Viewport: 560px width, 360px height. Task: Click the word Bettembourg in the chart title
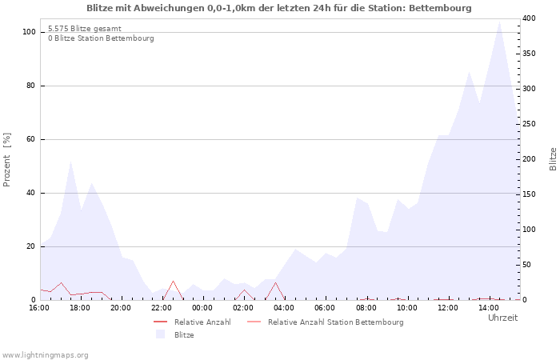(x=440, y=8)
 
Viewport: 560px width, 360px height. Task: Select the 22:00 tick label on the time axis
(x=162, y=308)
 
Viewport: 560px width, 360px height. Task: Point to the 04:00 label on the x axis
(x=284, y=308)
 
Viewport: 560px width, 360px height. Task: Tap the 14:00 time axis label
(x=489, y=308)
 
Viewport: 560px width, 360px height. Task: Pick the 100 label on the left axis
(x=29, y=32)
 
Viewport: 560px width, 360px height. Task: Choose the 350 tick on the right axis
(x=530, y=54)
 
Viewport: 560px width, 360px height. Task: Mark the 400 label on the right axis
(x=530, y=18)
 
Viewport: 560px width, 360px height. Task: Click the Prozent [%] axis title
(x=7, y=160)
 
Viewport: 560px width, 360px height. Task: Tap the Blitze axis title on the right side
(x=553, y=159)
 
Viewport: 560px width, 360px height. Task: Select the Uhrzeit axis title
(x=503, y=318)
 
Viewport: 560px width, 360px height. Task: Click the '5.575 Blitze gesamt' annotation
(x=85, y=29)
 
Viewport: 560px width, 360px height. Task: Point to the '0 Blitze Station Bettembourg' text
(x=101, y=38)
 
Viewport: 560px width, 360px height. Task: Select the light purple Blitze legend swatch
(x=160, y=334)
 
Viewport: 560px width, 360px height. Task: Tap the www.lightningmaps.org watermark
(x=45, y=355)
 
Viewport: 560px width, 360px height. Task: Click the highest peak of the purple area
(x=499, y=22)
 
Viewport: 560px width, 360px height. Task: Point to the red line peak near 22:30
(x=174, y=281)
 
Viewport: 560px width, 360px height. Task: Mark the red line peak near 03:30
(x=275, y=282)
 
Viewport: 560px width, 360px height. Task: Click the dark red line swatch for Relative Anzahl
(x=160, y=322)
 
